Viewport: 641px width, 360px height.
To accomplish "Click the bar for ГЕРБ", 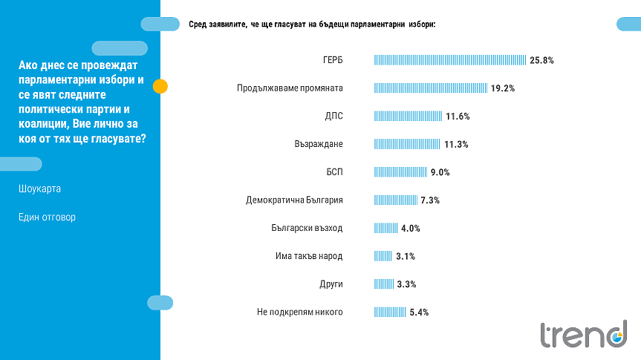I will (450, 60).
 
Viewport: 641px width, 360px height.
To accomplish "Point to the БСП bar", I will (401, 172).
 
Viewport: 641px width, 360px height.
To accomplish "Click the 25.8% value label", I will (542, 60).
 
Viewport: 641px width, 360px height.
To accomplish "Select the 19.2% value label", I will (503, 88).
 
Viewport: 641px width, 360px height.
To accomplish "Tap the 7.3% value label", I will (431, 200).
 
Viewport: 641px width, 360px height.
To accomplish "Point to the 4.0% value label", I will (411, 229).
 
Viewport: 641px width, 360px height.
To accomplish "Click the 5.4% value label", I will (419, 312).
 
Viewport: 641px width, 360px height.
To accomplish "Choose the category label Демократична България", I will (294, 200).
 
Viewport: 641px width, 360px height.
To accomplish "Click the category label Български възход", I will (307, 229).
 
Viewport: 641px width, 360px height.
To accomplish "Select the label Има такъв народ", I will (309, 257).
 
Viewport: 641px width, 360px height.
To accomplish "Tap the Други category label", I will (330, 284).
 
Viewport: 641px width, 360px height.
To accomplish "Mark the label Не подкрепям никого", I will (299, 312).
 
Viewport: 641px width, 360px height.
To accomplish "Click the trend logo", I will (583, 335).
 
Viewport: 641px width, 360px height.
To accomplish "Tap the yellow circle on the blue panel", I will (160, 86).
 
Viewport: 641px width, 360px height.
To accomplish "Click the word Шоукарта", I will (39, 189).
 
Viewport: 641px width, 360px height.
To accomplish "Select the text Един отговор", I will (47, 217).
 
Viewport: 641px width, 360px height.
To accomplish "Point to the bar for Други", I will (384, 284).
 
